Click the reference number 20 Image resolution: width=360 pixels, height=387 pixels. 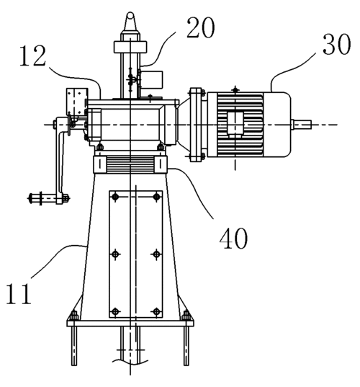pyautogui.click(x=200, y=27)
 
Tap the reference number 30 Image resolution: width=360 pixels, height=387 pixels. pyautogui.click(x=336, y=44)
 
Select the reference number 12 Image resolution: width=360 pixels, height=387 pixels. pyautogui.click(x=33, y=55)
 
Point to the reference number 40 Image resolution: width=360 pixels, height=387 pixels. pyautogui.click(x=233, y=238)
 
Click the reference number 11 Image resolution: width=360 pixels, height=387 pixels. pyautogui.click(x=19, y=293)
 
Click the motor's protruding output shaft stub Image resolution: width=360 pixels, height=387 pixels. pyautogui.click(x=301, y=125)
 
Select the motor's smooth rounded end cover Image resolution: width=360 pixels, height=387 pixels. pyautogui.click(x=277, y=125)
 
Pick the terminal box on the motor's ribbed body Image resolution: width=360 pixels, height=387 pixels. pyautogui.click(x=235, y=125)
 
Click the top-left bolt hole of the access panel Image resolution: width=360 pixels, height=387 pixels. pyautogui.click(x=115, y=197)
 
